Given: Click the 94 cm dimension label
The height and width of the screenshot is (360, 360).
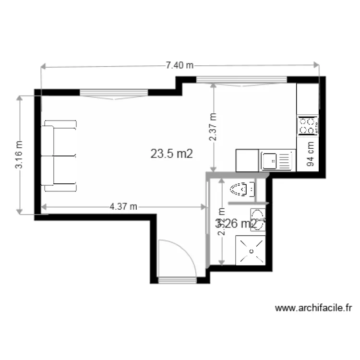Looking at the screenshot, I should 311,154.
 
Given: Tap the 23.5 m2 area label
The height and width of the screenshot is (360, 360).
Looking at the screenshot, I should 172,154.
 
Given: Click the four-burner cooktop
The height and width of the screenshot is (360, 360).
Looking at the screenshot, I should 307,126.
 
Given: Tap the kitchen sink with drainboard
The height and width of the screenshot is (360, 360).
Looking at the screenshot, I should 277,160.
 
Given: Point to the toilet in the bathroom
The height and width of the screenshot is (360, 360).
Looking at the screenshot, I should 243,190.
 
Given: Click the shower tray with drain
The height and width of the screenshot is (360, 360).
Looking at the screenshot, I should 251,249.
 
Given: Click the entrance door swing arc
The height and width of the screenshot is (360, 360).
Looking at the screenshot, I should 177,257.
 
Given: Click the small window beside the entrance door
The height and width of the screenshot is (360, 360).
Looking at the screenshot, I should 177,280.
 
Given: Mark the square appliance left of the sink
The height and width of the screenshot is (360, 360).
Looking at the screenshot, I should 247,160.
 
